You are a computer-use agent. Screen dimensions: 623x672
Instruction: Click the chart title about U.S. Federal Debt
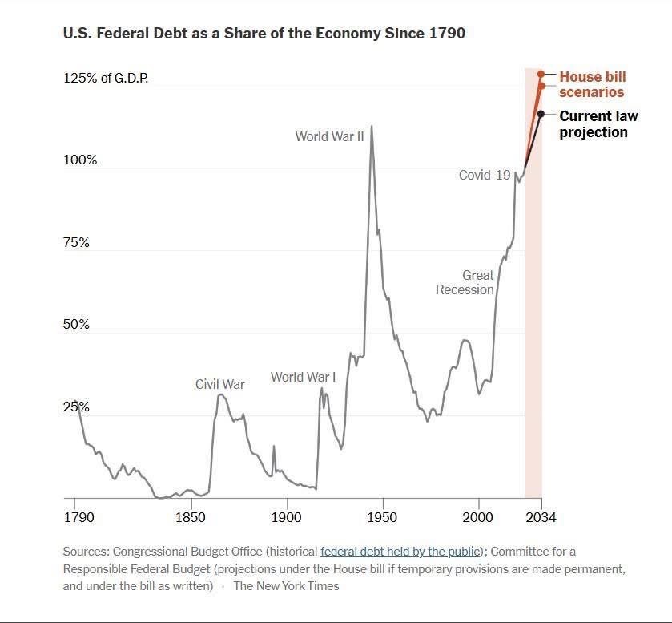tap(264, 34)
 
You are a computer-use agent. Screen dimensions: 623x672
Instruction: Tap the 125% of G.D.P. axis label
tap(106, 79)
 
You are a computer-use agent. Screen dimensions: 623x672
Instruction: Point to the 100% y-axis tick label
tap(80, 160)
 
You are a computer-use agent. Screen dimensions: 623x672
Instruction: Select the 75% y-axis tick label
tap(76, 243)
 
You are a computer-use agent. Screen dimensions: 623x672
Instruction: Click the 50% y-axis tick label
tap(76, 326)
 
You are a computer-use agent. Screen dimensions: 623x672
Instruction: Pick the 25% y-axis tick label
tap(76, 407)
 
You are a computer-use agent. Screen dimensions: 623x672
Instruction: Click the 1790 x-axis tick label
tap(78, 517)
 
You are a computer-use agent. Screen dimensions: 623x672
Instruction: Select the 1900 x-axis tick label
tap(287, 517)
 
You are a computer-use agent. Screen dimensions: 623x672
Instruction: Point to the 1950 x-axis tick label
tap(382, 517)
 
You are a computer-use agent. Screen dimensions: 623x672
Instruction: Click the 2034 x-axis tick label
tap(541, 517)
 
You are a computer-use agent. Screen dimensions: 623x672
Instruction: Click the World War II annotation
tap(329, 136)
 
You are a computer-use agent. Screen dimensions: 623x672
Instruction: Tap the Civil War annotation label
tap(220, 384)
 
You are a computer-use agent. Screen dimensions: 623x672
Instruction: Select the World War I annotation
tap(303, 377)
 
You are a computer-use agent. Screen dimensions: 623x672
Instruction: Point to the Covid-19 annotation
tap(485, 175)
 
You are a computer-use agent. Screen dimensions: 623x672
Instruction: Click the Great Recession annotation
tap(465, 282)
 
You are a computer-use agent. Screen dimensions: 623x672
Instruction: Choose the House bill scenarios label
tap(592, 84)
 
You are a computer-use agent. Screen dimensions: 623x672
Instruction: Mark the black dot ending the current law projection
tap(541, 114)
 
